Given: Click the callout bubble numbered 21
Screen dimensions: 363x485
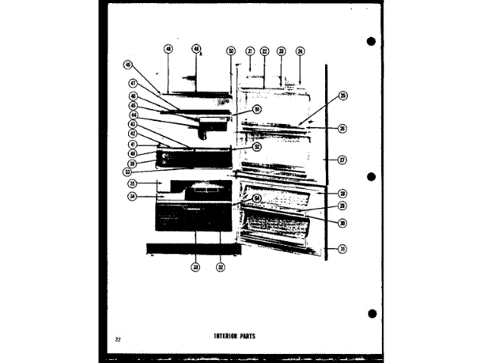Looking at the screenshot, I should (249, 51).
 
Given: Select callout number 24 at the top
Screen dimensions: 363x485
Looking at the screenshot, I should (300, 51).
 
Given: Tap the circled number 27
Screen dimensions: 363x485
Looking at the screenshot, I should (343, 160).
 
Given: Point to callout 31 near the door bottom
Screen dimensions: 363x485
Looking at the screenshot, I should (343, 249).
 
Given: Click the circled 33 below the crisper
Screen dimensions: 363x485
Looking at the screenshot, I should (195, 267).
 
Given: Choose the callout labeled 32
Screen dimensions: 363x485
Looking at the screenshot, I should (221, 267).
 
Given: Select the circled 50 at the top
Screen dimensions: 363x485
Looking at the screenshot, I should (230, 51).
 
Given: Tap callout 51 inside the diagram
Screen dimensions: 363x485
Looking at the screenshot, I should (236, 109).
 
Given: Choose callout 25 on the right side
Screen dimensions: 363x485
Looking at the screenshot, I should (343, 96).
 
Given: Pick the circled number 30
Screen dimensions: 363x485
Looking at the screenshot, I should (343, 222).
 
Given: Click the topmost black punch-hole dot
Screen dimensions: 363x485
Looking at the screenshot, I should (371, 41).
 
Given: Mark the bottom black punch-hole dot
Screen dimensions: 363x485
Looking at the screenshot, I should (371, 313).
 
